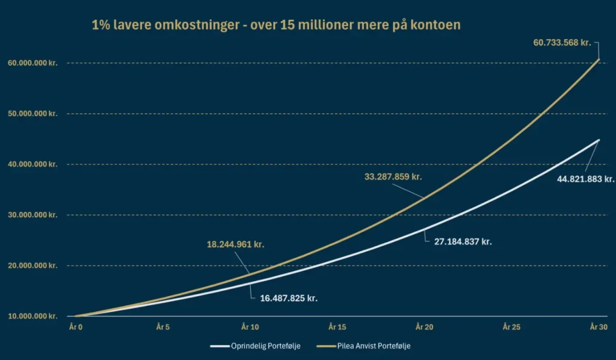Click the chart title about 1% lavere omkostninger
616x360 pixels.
click(x=276, y=26)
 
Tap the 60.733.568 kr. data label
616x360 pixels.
click(x=562, y=42)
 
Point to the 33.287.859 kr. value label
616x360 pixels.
click(x=393, y=177)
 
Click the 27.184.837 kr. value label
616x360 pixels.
click(x=463, y=241)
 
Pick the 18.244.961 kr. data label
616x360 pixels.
click(x=235, y=245)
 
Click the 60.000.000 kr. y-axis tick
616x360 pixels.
click(x=32, y=63)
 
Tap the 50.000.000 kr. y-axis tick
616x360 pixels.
click(x=32, y=114)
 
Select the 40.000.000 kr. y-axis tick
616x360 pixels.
click(x=32, y=164)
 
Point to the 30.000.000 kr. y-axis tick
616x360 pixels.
click(x=32, y=215)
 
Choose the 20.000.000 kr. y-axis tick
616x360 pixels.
click(x=32, y=265)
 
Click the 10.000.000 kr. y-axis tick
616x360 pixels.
click(x=32, y=316)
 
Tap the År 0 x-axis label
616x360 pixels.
click(x=75, y=326)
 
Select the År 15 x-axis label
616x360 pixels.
click(x=337, y=326)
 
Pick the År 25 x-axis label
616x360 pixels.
click(x=511, y=326)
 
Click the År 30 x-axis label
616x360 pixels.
click(x=598, y=326)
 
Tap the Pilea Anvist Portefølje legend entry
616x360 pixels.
click(x=376, y=346)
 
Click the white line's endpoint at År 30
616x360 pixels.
click(x=599, y=140)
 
